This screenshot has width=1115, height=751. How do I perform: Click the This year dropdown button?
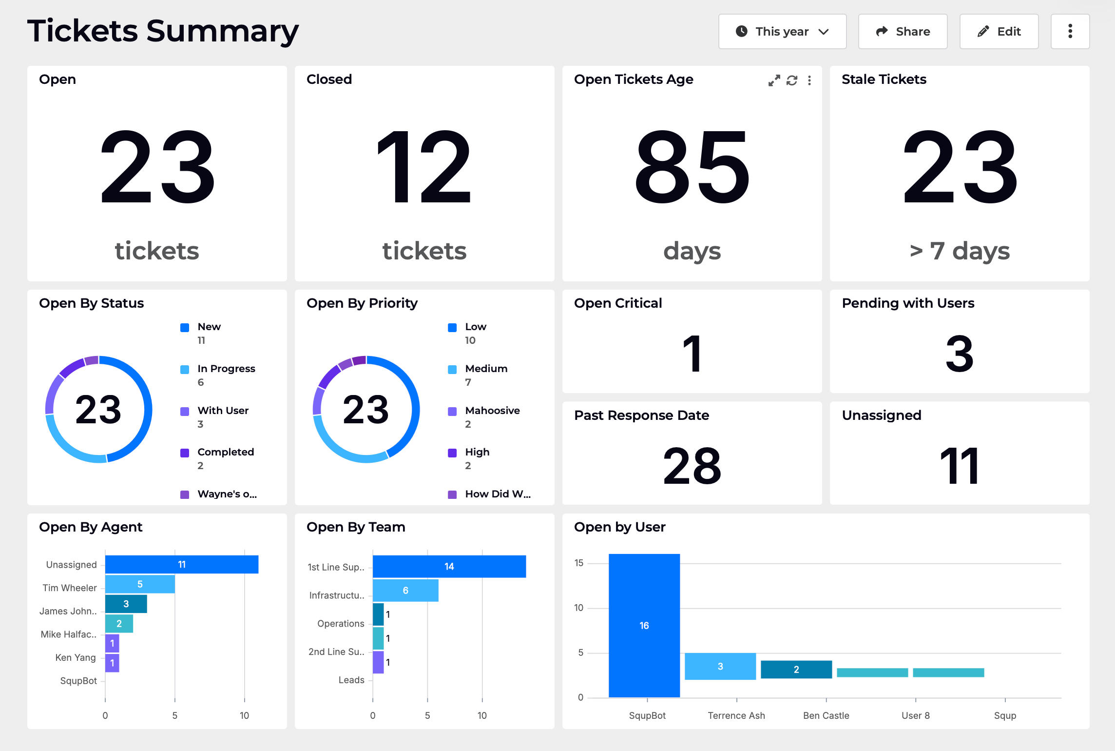point(782,32)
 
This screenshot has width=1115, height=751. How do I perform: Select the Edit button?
point(999,32)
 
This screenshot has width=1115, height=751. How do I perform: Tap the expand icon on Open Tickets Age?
point(774,80)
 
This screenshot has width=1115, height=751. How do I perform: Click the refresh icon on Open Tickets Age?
point(792,80)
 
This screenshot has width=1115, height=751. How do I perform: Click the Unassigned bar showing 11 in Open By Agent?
point(181,564)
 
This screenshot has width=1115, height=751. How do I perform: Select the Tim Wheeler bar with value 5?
point(140,584)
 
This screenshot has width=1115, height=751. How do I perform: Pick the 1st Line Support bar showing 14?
point(449,566)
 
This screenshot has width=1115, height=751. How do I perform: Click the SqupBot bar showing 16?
point(644,625)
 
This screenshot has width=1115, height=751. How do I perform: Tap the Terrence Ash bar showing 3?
point(720,666)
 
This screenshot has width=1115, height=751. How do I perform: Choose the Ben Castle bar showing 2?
point(796,670)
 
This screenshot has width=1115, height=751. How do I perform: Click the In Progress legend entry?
point(226,369)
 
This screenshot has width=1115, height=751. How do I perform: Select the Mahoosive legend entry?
point(492,411)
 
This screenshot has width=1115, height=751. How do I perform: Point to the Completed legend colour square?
point(185,453)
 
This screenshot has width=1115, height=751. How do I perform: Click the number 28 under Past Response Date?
point(692,466)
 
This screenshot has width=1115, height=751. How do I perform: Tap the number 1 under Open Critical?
point(692,354)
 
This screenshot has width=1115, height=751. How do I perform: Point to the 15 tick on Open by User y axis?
point(579,563)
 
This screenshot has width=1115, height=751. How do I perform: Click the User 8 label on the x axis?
point(915,715)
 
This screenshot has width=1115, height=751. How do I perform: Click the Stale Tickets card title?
point(884,79)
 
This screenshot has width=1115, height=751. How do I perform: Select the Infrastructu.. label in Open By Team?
point(337,595)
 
